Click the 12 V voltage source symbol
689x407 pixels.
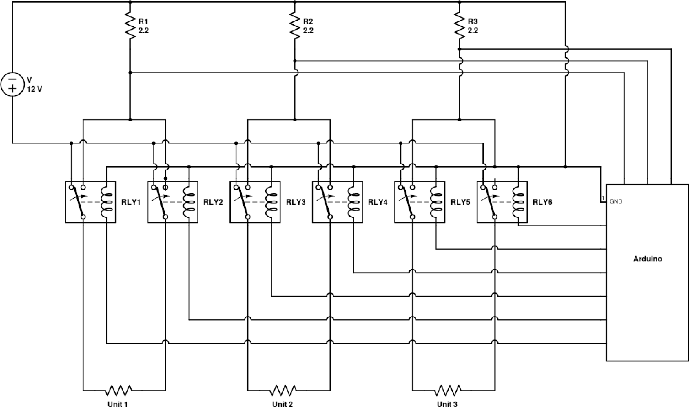13,84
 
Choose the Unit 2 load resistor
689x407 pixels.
283,390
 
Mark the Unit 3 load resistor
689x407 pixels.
448,390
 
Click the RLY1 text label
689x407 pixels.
131,202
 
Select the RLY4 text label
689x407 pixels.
378,202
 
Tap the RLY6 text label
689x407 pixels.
543,202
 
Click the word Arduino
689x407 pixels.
647,259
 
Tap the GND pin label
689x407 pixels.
616,202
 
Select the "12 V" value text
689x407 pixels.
34,89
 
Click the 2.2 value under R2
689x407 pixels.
308,30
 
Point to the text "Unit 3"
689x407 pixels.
447,404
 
